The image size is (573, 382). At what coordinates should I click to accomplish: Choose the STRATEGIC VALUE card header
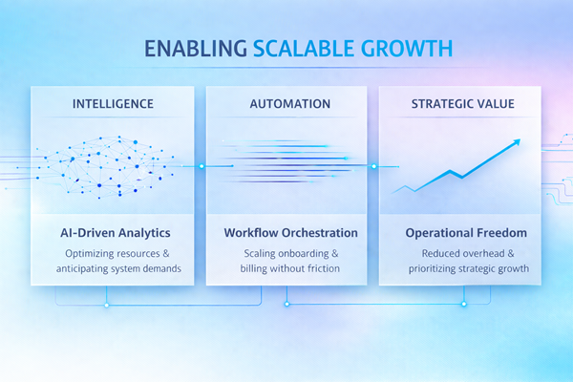(462, 104)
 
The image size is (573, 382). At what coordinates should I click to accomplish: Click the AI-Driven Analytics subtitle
(112, 233)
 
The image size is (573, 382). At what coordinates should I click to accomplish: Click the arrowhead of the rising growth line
(517, 142)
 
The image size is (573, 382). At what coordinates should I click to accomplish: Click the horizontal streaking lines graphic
(286, 164)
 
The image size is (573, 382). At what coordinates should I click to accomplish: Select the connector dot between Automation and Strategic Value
(374, 166)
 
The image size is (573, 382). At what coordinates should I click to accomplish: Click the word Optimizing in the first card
(93, 254)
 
